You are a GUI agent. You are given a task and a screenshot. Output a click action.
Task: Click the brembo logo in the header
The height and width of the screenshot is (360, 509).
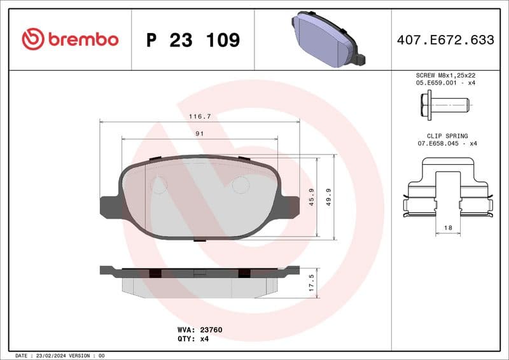[70, 39]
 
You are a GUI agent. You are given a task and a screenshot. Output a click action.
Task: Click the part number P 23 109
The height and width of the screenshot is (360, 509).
[193, 40]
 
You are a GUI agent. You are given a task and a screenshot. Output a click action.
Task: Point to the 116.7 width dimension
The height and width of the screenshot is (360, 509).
[200, 116]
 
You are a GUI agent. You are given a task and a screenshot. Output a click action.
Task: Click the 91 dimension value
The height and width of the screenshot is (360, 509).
[199, 134]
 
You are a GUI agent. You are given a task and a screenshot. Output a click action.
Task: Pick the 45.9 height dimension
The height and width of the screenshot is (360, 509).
[312, 197]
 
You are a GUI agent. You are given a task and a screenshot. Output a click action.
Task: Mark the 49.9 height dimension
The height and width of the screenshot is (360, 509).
[329, 197]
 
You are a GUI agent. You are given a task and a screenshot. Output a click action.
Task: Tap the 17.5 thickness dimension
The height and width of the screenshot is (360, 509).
[310, 282]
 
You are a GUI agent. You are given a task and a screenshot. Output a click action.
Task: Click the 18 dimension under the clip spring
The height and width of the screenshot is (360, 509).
[448, 227]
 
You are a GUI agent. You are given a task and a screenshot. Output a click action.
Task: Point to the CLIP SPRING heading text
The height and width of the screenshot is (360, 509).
[447, 136]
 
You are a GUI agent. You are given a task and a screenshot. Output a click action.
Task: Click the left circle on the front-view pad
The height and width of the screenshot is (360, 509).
[158, 185]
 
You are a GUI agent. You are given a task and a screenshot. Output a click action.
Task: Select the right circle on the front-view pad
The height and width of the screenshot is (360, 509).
[241, 185]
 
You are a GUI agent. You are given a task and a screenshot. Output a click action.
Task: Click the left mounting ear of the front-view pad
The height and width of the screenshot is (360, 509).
[109, 207]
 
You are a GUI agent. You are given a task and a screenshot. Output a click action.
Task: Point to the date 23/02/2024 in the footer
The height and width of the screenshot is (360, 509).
[50, 356]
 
